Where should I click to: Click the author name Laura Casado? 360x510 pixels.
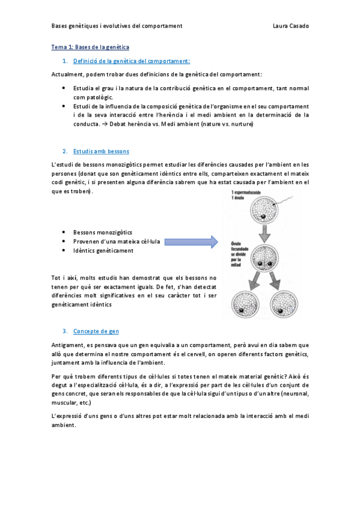point(291,26)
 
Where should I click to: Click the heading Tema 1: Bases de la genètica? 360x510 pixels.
point(90,46)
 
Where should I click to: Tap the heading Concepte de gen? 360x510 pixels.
point(96,331)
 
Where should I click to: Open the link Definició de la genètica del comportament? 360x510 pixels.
point(132,61)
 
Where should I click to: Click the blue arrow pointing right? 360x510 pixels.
point(191,242)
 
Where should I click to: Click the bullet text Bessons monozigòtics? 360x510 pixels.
point(103,232)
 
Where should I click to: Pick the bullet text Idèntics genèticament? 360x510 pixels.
point(103,251)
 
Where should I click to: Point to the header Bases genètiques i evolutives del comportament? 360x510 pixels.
point(117,26)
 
